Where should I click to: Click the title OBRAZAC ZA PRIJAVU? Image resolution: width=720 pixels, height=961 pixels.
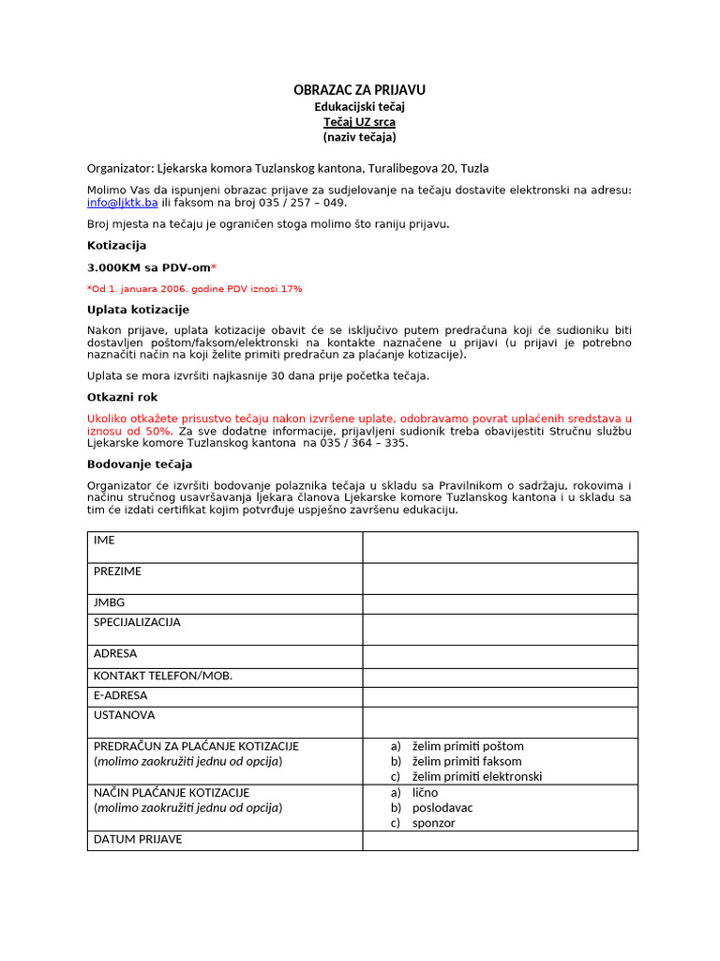359,90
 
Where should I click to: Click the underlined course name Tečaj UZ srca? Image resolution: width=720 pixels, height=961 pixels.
359,122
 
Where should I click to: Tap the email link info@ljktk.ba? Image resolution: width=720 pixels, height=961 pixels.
122,203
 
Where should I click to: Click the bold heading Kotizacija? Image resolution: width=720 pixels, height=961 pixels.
116,245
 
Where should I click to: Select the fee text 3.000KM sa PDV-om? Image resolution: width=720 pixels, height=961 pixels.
152,267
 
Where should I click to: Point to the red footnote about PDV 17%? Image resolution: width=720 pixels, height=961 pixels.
195,289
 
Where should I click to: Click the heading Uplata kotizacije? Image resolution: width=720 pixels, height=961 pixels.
138,310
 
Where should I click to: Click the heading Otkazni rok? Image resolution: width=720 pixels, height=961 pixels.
122,397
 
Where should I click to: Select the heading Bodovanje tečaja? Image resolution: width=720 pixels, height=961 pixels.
140,464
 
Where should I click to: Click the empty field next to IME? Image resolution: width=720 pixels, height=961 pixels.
500,547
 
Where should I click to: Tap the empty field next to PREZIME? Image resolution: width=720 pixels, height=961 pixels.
500,578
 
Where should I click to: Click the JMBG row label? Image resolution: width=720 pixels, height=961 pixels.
109,603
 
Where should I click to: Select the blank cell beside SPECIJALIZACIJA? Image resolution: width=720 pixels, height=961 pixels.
500,629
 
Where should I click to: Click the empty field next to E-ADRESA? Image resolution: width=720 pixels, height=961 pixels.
500,696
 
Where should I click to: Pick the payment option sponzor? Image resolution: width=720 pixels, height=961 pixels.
433,823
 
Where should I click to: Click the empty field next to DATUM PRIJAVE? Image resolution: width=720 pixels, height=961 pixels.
500,840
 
